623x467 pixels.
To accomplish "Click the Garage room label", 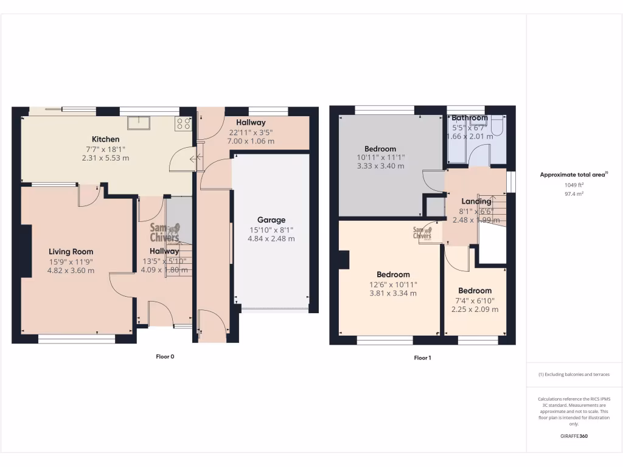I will coord(271,220).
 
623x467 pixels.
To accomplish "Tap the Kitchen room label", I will coord(106,139).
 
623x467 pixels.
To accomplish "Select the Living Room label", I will coord(71,252).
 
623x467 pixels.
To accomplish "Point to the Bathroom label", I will coord(469,118).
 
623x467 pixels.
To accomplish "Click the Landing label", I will coord(476,201).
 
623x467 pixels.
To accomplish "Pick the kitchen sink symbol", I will coord(139,123).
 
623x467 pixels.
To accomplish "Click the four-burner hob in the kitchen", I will coord(183,123).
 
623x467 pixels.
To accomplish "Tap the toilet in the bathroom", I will coord(496,126).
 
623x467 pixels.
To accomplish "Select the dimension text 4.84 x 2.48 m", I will coord(271,239).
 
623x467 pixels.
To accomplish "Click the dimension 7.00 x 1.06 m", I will coord(251,141).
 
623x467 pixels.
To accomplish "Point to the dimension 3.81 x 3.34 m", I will coord(393,293).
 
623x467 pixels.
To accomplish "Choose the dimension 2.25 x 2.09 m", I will coord(475,309).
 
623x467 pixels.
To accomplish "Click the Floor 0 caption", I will coord(164,356).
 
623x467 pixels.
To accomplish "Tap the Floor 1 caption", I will coord(422,358).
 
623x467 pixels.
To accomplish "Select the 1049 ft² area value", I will coord(574,185).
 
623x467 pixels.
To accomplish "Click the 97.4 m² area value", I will coord(574,194).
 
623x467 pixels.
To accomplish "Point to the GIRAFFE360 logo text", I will coord(574,436).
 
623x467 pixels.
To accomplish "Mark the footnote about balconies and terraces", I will coord(574,375).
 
